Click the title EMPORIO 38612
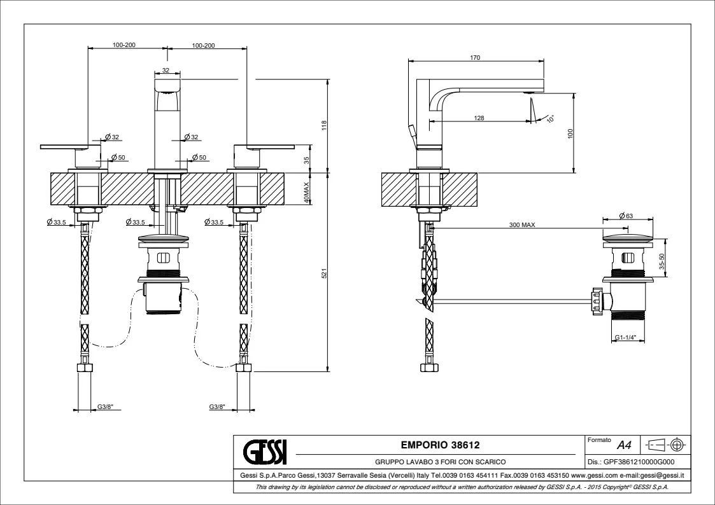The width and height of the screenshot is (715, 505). [440, 445]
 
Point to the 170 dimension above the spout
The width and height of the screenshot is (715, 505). [475, 58]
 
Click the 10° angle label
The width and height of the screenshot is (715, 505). [550, 118]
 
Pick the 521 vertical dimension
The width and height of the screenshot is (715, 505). [323, 273]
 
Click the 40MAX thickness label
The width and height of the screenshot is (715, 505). [306, 192]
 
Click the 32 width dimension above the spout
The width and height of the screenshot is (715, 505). [166, 70]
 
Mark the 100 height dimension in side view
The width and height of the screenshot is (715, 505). [570, 133]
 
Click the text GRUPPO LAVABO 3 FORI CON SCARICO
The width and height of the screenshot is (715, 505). [440, 463]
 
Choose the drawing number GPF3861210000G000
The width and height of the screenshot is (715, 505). [638, 463]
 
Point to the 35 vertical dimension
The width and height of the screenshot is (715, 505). [306, 161]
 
